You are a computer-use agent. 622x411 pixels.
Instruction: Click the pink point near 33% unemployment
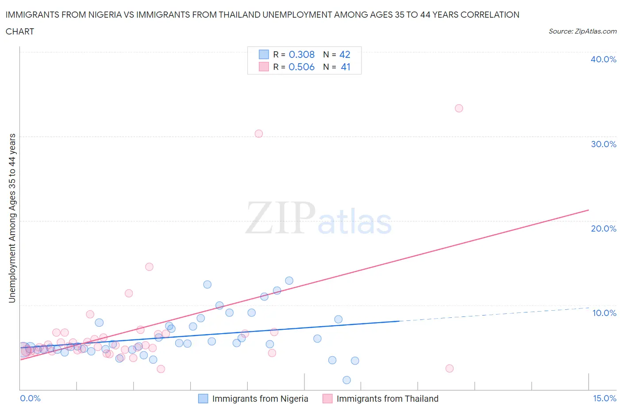pos(459,108)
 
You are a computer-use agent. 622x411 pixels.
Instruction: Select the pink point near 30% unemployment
pos(259,133)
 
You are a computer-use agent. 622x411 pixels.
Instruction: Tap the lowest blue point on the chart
pos(346,380)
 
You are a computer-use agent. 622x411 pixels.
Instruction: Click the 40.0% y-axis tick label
pos(603,59)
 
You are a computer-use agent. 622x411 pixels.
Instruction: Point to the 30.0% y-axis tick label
pos(603,144)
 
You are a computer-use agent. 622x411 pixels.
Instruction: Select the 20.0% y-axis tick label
pos(603,228)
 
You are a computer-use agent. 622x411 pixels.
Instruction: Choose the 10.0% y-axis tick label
pos(604,313)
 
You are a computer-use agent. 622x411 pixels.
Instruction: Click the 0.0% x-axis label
pos(30,398)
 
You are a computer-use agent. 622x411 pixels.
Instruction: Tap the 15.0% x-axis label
pos(604,398)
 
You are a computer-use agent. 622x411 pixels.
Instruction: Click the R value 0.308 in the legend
pos(301,54)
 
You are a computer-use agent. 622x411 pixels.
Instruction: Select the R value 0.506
pos(301,67)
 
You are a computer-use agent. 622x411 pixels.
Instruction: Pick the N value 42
pos(345,54)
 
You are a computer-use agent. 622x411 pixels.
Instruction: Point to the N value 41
pos(346,67)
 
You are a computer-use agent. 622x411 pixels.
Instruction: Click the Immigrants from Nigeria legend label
pos(260,399)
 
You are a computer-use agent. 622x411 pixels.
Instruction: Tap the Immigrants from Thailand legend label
pos(387,399)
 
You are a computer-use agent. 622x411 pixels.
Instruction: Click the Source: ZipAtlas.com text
pos(582,31)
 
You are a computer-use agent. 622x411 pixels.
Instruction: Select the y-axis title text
pos(12,218)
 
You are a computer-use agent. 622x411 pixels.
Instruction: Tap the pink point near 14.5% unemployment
pos(149,266)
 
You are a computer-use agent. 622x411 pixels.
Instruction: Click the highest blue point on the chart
pos(289,281)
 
